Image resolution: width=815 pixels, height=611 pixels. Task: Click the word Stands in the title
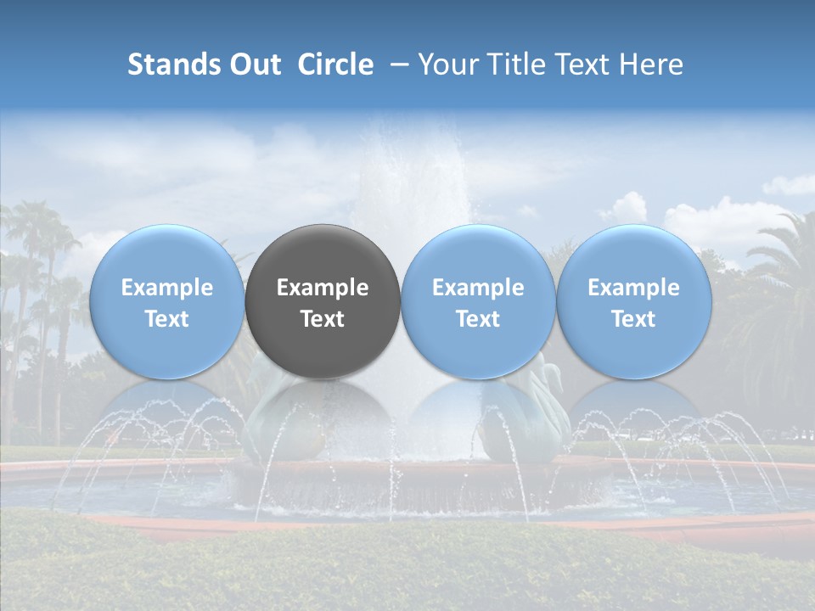coord(172,64)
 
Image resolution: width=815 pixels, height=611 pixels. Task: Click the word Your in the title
coord(448,64)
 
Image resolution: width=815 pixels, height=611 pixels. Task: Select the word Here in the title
coord(651,64)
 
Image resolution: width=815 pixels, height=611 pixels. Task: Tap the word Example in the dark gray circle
coord(323,288)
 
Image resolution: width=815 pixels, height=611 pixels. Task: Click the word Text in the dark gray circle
coord(323,319)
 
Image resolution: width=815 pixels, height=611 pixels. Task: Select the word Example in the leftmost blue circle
coord(167,288)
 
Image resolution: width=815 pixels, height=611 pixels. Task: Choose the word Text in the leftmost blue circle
coord(167,319)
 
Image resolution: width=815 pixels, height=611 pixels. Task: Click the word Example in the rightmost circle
coord(633,288)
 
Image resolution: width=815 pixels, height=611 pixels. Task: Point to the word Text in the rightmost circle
coord(633,319)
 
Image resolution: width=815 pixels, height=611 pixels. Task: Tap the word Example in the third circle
coord(478,288)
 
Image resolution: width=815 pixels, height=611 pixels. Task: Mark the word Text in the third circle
coord(478,319)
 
